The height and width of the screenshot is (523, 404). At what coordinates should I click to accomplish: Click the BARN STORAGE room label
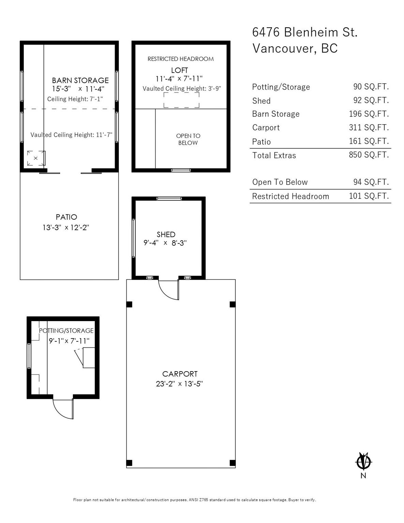pos(80,80)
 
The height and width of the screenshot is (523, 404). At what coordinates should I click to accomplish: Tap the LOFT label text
pos(180,70)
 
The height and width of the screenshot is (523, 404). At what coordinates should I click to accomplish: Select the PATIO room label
pos(66,217)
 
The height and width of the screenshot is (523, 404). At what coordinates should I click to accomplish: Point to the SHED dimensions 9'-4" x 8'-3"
pos(165,243)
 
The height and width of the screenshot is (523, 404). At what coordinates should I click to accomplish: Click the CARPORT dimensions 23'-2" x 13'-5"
pos(180,384)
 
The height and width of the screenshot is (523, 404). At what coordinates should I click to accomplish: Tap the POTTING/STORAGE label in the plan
pos(66,331)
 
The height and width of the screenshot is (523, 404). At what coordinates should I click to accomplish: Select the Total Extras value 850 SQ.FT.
pos(369,155)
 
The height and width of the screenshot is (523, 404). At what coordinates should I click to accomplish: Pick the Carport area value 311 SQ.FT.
pos(369,127)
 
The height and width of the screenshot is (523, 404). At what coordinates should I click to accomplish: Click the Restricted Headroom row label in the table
pos(291,196)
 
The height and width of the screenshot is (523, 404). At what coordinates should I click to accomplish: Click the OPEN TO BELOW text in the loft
pos(188,139)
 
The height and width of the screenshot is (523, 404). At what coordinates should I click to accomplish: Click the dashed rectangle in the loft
pos(182,100)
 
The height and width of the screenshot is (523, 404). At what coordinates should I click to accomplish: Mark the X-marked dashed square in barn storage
pos(36,158)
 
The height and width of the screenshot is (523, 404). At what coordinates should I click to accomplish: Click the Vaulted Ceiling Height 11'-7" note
pos(71,135)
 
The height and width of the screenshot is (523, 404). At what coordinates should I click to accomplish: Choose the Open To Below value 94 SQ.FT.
pos(371,182)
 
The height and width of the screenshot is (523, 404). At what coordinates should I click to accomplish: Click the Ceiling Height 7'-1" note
pos(75,99)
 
